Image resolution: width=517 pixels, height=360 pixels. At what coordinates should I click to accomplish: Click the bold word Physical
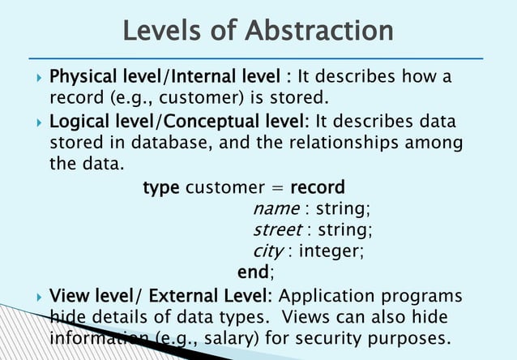(x=83, y=78)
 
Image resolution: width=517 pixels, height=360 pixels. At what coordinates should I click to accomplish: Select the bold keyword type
(x=161, y=188)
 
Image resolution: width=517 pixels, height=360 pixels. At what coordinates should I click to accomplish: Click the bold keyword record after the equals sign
(x=317, y=188)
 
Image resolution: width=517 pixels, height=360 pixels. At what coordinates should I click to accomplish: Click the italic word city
(x=268, y=251)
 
